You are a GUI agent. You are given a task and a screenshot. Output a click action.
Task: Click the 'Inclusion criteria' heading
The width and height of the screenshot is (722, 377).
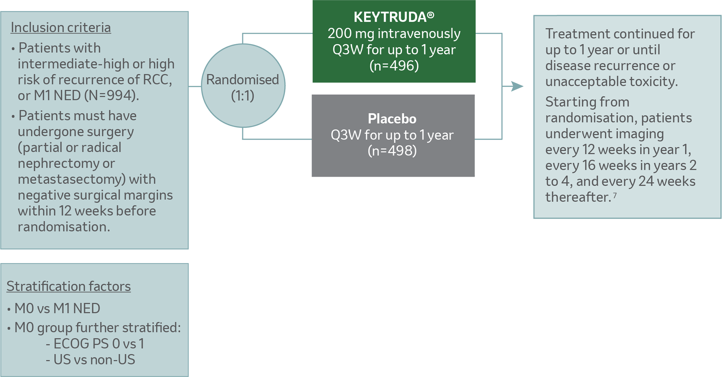tap(61, 28)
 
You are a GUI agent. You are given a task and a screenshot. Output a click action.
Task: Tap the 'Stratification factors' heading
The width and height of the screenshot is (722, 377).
tap(69, 286)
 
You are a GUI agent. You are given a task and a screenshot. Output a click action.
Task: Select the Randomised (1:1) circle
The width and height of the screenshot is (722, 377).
tap(243, 86)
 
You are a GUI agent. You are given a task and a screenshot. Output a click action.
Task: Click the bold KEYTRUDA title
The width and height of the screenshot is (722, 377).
tap(390, 17)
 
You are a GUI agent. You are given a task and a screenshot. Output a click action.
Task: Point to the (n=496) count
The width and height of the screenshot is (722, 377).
tap(394, 65)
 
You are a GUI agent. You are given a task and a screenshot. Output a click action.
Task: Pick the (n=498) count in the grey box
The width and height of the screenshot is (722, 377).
tap(392, 151)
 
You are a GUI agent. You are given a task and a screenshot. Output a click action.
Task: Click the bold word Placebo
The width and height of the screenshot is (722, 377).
tap(392, 119)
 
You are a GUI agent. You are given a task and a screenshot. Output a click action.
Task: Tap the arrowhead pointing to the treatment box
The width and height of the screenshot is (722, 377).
tap(517, 86)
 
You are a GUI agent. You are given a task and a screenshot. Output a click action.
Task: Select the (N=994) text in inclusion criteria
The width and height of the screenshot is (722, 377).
tap(111, 96)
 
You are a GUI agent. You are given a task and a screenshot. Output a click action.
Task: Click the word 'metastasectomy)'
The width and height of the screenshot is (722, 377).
tap(72, 179)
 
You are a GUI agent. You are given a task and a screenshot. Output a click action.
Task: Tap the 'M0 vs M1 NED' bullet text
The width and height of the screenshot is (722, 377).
tap(57, 309)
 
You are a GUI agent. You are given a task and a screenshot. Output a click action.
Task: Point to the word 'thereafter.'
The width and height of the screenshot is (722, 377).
tap(578, 197)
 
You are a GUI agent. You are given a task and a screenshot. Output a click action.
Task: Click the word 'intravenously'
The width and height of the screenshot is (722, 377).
tap(419, 34)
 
